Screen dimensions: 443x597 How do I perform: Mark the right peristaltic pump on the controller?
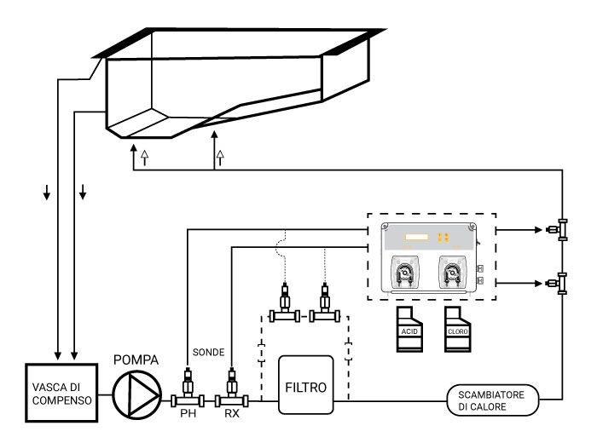(x=452, y=273)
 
